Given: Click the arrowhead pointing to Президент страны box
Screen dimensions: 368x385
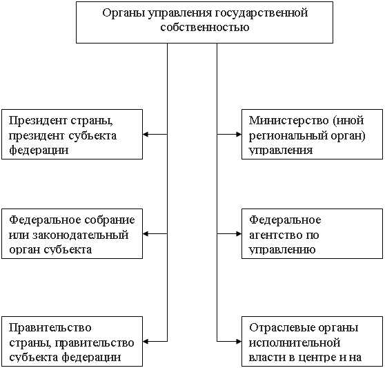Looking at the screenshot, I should click(x=147, y=134).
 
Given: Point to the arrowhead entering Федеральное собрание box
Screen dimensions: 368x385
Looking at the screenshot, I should click(x=147, y=234).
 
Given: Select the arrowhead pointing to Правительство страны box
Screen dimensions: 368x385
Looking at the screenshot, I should click(x=147, y=340).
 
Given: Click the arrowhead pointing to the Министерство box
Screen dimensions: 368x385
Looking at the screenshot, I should click(x=238, y=134).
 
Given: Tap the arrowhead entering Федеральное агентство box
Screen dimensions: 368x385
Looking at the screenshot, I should click(x=238, y=234).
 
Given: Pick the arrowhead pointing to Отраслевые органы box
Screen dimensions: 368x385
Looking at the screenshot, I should click(x=238, y=340).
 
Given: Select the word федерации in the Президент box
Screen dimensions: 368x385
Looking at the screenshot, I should click(x=39, y=149).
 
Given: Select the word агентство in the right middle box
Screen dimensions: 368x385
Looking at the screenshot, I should click(x=275, y=235).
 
